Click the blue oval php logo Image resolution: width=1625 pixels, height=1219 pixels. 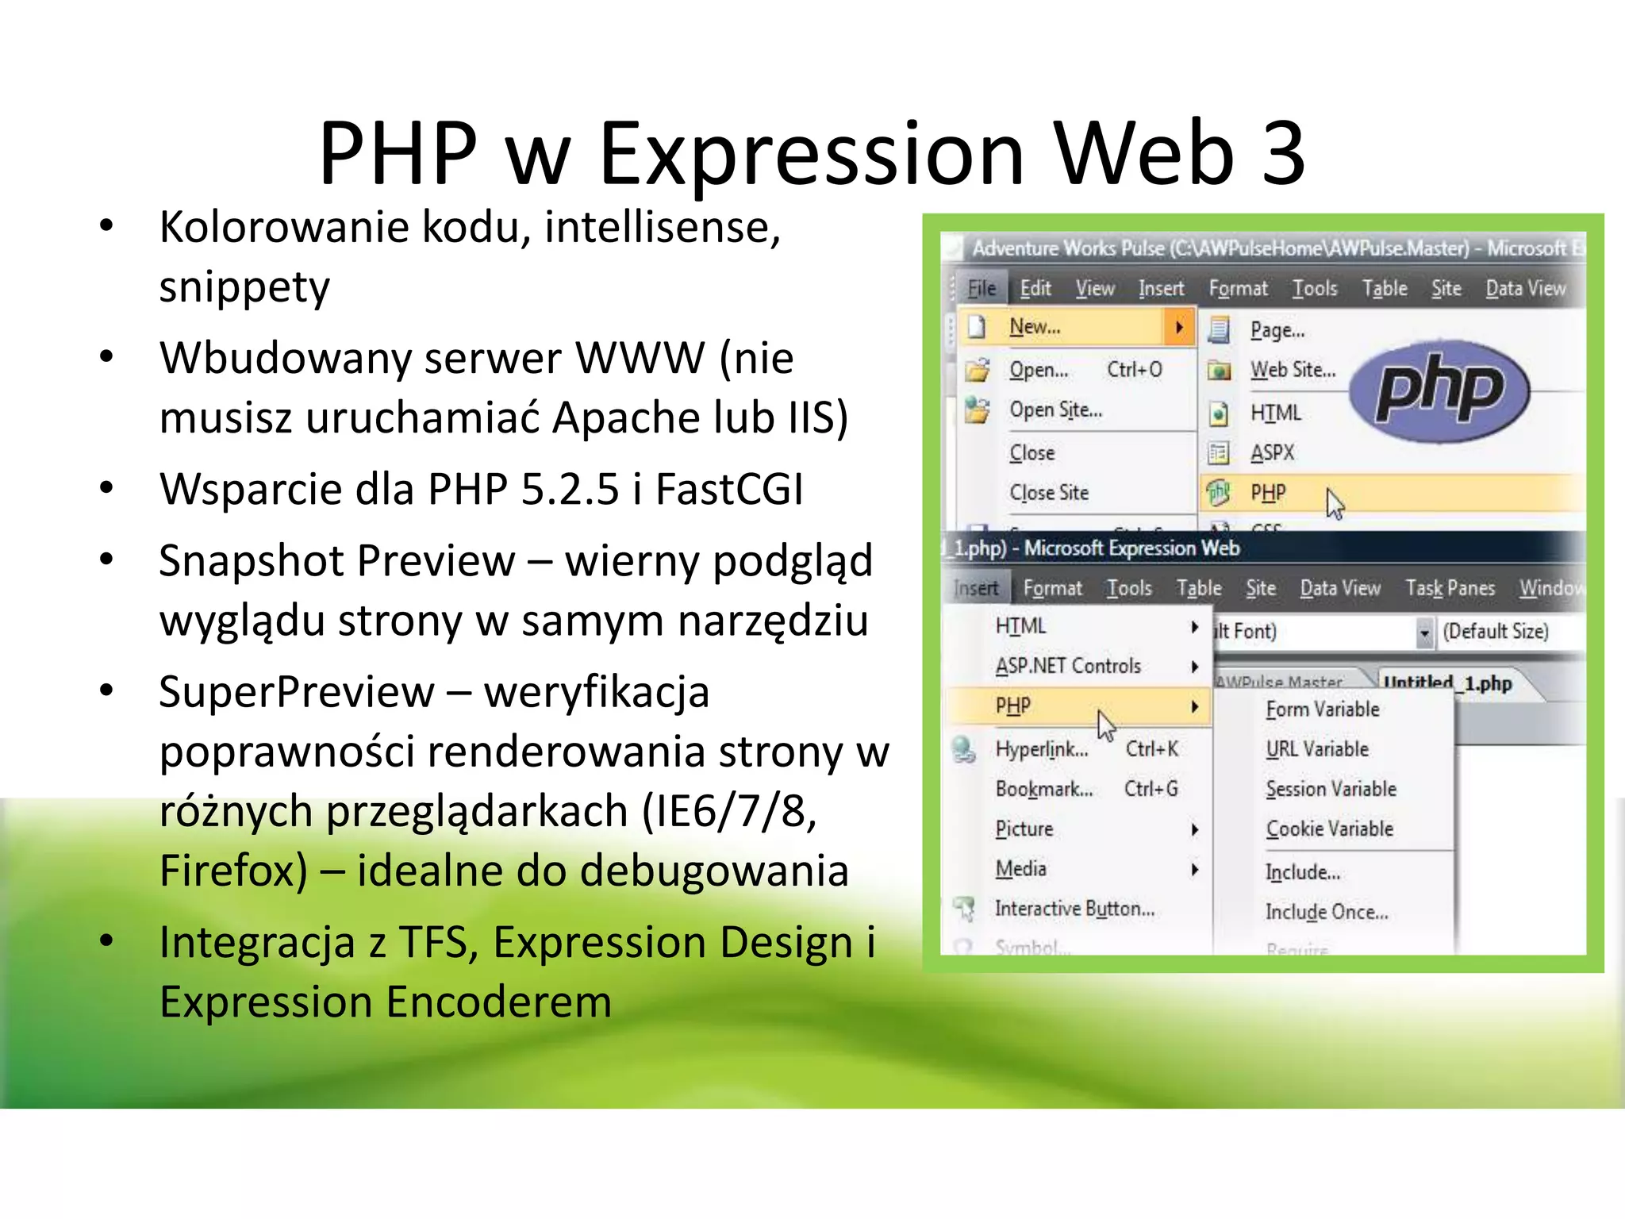click(x=1439, y=390)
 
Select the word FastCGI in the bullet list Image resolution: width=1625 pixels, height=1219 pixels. click(x=729, y=489)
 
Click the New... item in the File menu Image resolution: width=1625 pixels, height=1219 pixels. click(x=1035, y=327)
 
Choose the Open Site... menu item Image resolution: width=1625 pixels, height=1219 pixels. click(x=1055, y=410)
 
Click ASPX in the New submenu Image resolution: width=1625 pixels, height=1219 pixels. click(x=1272, y=453)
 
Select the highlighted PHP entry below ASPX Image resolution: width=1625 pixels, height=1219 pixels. click(x=1268, y=493)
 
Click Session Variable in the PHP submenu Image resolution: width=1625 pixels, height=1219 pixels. click(x=1331, y=789)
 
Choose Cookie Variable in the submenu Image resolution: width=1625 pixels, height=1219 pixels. click(x=1329, y=829)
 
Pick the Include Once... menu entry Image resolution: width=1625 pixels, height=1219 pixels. click(x=1326, y=912)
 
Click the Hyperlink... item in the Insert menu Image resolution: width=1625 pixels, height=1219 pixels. click(x=1041, y=749)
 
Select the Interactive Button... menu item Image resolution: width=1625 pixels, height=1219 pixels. click(x=1074, y=909)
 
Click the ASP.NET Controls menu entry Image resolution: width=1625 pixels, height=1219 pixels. click(x=1068, y=666)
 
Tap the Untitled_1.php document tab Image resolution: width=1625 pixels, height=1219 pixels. click(x=1447, y=683)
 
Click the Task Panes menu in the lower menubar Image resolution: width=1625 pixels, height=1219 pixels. click(x=1450, y=588)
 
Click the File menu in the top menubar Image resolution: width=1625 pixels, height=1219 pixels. click(x=982, y=289)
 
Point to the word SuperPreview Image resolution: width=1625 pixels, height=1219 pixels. click(x=296, y=692)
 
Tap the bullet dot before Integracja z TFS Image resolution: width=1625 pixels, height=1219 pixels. click(x=106, y=941)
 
